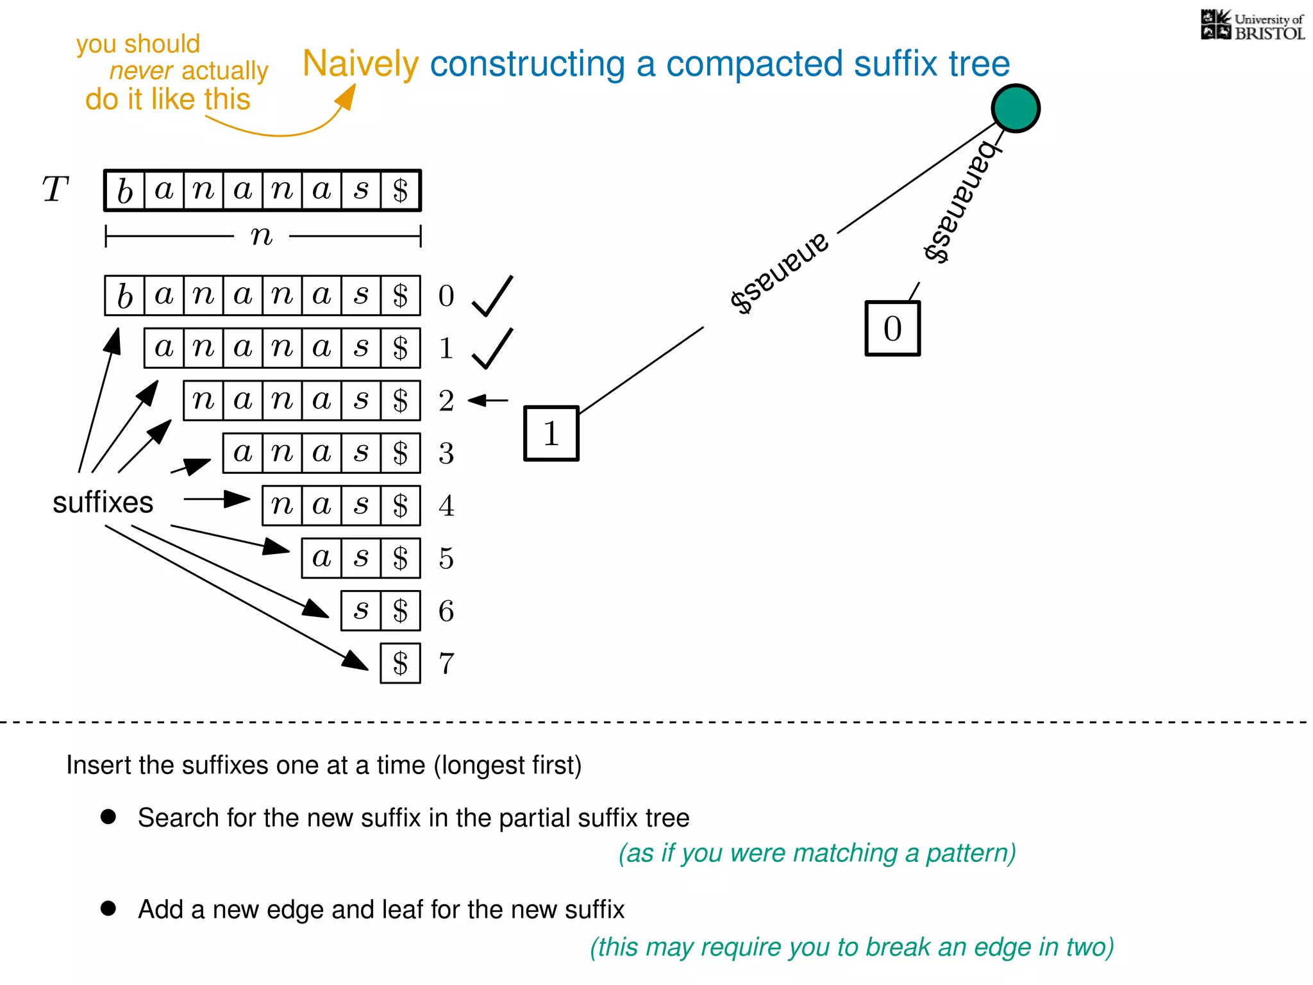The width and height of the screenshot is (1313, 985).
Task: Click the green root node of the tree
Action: click(x=1016, y=108)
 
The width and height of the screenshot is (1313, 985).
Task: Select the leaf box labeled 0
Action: click(x=892, y=328)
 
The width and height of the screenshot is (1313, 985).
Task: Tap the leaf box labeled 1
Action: click(x=551, y=434)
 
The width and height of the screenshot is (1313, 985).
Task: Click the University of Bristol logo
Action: click(x=1252, y=26)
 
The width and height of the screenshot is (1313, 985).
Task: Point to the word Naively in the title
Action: click(x=360, y=64)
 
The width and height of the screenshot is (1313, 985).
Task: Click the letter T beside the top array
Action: click(x=55, y=190)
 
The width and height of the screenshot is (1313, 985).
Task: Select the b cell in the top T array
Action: click(x=125, y=190)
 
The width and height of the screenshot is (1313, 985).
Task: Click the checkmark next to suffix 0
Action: click(x=492, y=296)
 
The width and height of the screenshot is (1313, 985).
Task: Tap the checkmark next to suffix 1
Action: click(x=492, y=348)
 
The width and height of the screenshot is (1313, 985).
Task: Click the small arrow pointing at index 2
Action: click(x=488, y=400)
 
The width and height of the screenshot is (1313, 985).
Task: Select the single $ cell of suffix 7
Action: click(x=400, y=663)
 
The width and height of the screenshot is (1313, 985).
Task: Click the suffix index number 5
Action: click(x=446, y=559)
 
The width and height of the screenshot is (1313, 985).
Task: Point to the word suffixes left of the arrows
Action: click(x=103, y=502)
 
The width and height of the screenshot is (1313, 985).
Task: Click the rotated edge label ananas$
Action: click(x=780, y=273)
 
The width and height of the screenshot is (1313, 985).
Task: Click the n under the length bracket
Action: click(x=262, y=236)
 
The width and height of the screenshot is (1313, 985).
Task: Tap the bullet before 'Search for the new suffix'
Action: click(x=108, y=816)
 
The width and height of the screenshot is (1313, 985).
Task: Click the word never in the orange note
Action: click(x=140, y=71)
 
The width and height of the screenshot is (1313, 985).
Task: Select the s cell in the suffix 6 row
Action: click(x=361, y=610)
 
